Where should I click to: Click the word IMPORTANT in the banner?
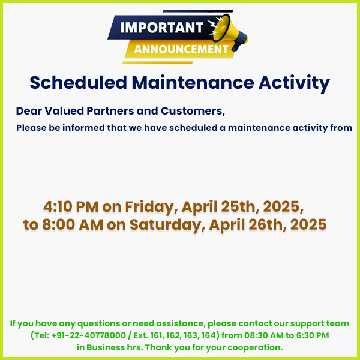tap(161, 28)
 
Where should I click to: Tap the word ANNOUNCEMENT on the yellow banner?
tap(181, 49)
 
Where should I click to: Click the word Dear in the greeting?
tap(27, 111)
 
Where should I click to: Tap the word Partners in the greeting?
tap(107, 111)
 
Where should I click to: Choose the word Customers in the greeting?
tap(192, 111)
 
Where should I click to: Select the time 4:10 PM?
tap(70, 207)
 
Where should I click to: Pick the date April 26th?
tap(240, 225)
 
